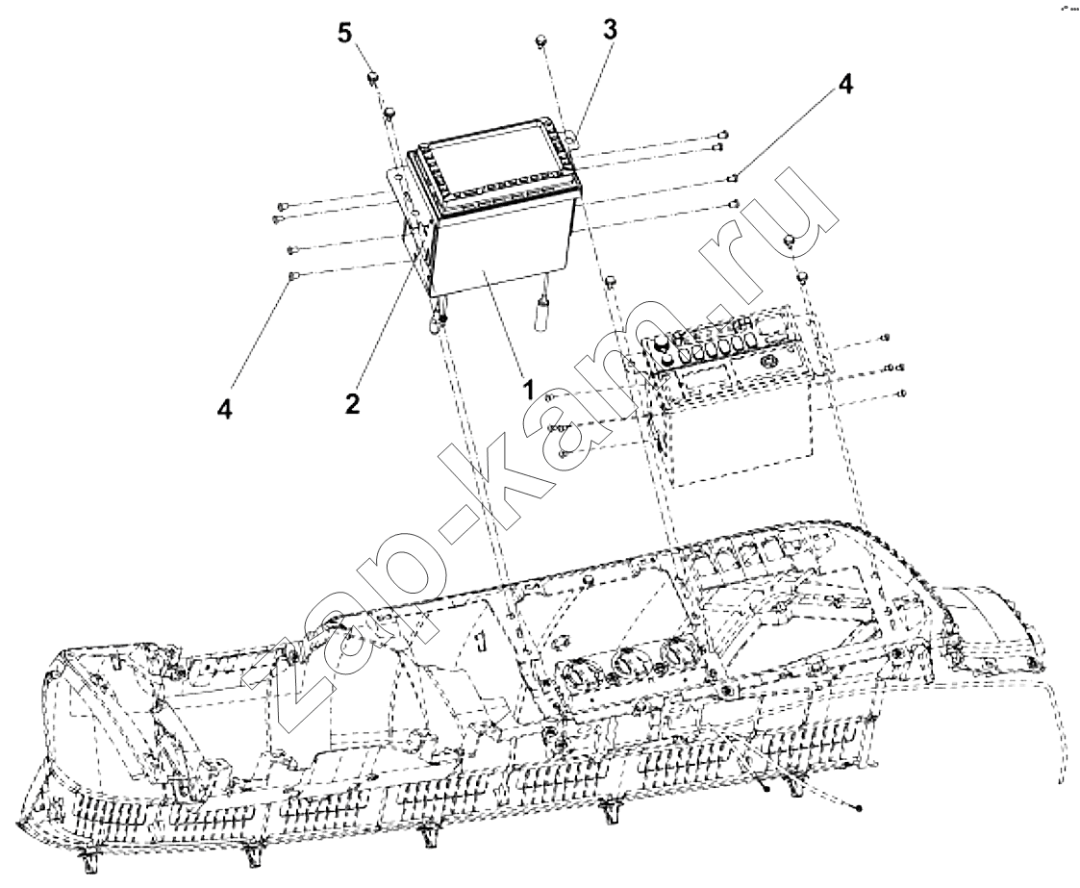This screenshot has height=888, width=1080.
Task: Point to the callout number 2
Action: (x=352, y=403)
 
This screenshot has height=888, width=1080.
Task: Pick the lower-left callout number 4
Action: (x=224, y=408)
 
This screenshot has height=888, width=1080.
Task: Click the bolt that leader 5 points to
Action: (x=372, y=78)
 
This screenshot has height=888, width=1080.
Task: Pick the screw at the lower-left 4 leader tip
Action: (x=293, y=275)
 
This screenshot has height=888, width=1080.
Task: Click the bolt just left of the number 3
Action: (x=540, y=40)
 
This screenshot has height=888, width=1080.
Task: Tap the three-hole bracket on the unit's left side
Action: (x=403, y=201)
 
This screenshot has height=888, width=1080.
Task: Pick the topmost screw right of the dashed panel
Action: (x=885, y=339)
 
